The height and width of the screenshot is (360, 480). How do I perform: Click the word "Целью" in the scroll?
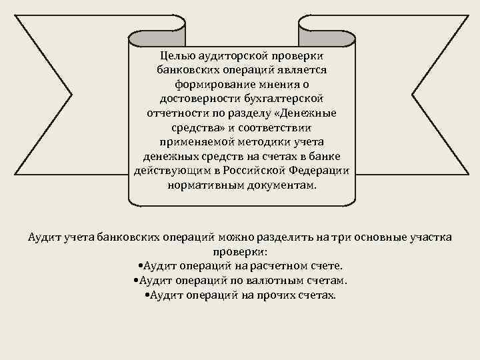tap(176, 55)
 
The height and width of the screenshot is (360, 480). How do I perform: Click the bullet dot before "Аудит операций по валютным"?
tap(136, 281)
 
